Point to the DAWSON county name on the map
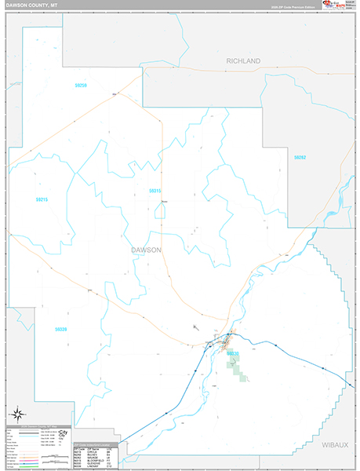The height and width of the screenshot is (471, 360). [147, 250]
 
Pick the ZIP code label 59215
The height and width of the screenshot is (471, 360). [42, 199]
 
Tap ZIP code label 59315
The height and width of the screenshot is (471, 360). [155, 191]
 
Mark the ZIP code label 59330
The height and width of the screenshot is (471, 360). [232, 354]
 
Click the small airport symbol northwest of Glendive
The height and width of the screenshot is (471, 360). [195, 327]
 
